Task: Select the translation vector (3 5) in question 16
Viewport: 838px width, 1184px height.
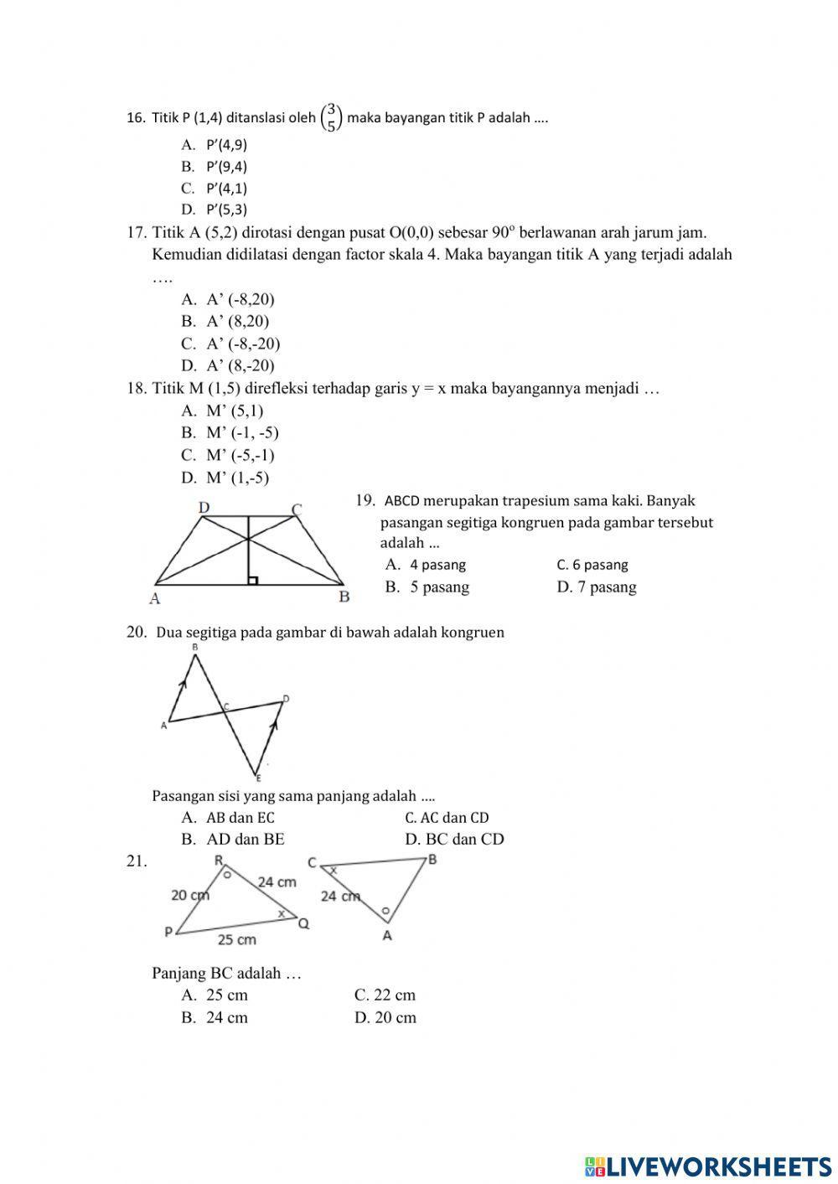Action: [332, 118]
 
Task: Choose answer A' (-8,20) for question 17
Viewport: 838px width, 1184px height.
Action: [228, 299]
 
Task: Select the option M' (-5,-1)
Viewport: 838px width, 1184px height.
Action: [228, 455]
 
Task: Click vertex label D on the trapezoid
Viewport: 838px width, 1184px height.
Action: [204, 508]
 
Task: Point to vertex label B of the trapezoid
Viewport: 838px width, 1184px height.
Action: [344, 597]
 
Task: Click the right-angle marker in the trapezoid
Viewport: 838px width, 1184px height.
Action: [252, 580]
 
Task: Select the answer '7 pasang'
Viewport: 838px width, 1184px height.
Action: [596, 587]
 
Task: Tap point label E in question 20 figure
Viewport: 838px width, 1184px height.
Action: [258, 779]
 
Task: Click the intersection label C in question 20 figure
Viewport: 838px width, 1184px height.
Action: [226, 706]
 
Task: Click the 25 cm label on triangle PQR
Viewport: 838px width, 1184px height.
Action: [237, 939]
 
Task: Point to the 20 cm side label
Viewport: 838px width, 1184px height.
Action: [190, 895]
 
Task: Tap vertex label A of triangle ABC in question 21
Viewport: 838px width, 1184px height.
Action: [386, 936]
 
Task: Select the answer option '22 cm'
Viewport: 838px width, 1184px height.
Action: [385, 995]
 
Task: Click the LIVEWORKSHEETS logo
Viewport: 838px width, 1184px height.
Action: [707, 1165]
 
